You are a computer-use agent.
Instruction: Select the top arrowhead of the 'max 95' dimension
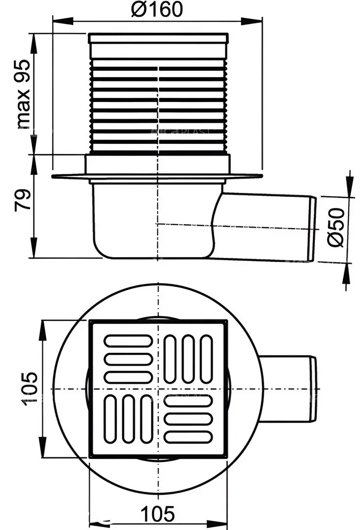tap(33, 39)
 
